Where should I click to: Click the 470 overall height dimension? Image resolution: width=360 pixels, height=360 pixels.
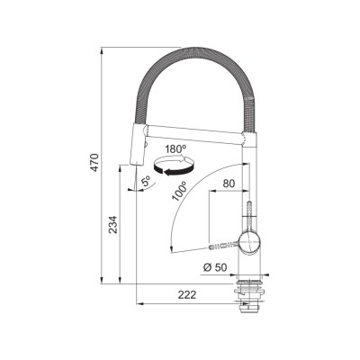(94, 163)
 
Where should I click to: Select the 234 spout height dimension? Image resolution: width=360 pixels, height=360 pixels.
(112, 225)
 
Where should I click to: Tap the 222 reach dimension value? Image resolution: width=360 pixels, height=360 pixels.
(187, 294)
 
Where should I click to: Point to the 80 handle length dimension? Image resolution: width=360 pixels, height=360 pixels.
(229, 184)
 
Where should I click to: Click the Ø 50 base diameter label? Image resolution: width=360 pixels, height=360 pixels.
(215, 267)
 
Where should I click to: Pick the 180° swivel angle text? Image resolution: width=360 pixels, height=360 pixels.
(175, 149)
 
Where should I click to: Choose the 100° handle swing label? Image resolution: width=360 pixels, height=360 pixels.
(179, 192)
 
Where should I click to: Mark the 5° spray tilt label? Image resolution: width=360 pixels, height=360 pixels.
(146, 182)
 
